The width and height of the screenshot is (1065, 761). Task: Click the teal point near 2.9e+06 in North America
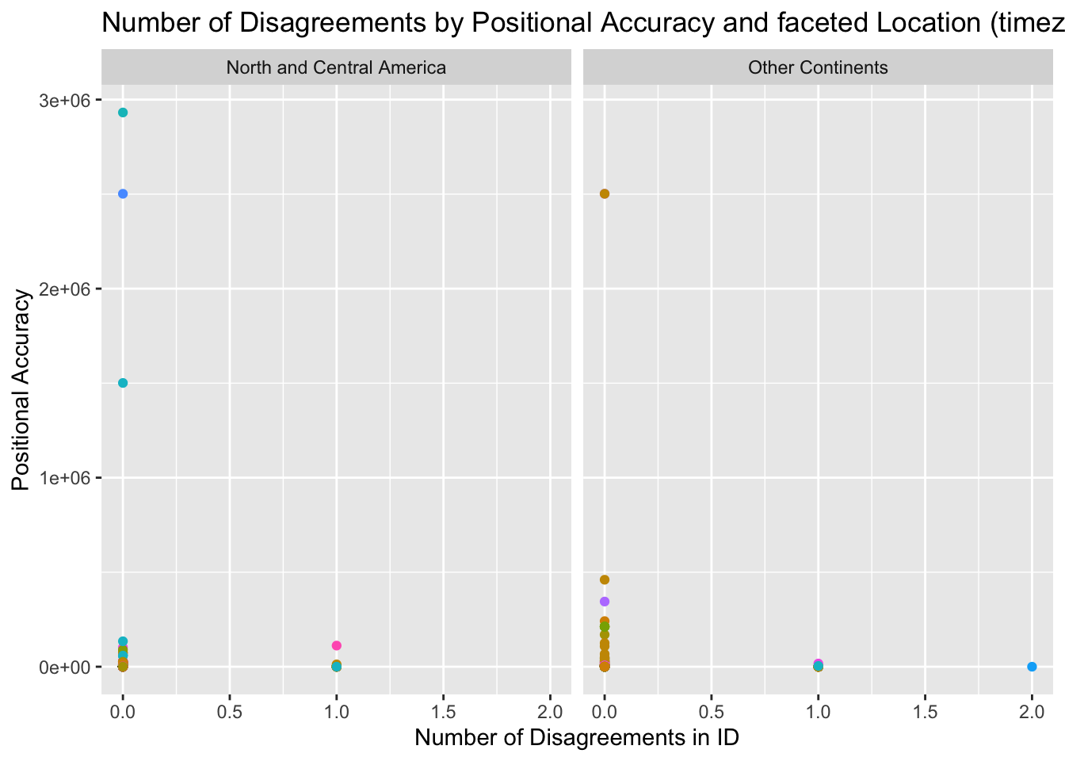123,113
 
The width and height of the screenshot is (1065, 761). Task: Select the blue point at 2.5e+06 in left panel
123,193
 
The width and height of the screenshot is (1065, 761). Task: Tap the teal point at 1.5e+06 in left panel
123,383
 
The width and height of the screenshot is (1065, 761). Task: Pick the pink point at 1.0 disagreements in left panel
337,645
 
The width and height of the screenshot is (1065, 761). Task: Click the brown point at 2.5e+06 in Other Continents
605,193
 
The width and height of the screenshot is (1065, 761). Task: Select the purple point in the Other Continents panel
605,602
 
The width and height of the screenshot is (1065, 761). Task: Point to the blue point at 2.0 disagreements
1032,667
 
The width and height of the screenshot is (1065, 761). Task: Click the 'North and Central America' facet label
336,67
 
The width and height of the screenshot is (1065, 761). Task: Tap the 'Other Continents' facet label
818,67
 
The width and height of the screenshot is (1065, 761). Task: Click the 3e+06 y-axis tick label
61,101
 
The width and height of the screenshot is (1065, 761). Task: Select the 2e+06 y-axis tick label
61,289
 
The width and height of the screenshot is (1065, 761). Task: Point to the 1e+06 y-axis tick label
61,478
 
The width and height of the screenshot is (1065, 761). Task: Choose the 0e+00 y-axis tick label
61,667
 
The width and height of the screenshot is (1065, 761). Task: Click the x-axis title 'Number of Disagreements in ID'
577,738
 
